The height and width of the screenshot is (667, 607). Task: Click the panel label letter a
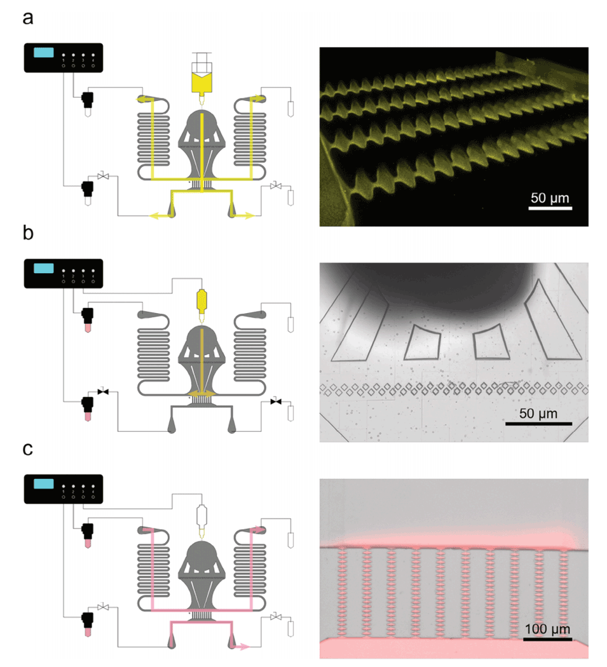pyautogui.click(x=28, y=17)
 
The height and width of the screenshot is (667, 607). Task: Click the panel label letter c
pyautogui.click(x=28, y=449)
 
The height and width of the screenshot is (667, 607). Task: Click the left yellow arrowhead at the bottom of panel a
pyautogui.click(x=153, y=217)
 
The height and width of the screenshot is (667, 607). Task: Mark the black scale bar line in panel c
pyautogui.click(x=547, y=639)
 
